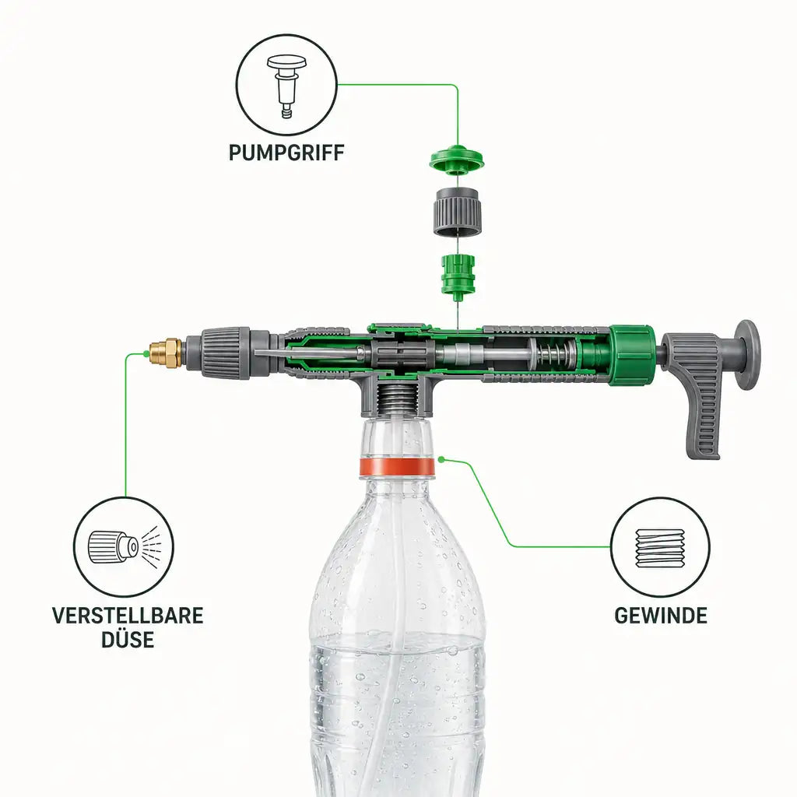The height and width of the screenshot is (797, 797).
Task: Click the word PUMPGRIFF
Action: (x=286, y=153)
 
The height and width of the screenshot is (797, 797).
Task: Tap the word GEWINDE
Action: (x=660, y=616)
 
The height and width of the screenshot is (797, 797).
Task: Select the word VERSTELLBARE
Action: (x=128, y=616)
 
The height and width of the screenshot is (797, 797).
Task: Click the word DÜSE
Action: (x=128, y=640)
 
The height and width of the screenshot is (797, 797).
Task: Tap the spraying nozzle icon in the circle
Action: (x=125, y=546)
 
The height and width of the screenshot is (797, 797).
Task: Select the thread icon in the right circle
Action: (x=660, y=547)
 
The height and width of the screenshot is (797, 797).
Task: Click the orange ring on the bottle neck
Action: (x=397, y=467)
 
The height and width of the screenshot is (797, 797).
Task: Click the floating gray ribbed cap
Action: (x=458, y=212)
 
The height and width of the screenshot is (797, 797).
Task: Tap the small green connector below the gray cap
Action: (x=458, y=276)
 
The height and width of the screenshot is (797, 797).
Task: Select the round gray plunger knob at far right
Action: (x=747, y=354)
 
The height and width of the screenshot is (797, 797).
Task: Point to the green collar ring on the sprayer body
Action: (x=632, y=354)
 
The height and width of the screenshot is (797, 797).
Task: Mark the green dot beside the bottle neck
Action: (x=441, y=459)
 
